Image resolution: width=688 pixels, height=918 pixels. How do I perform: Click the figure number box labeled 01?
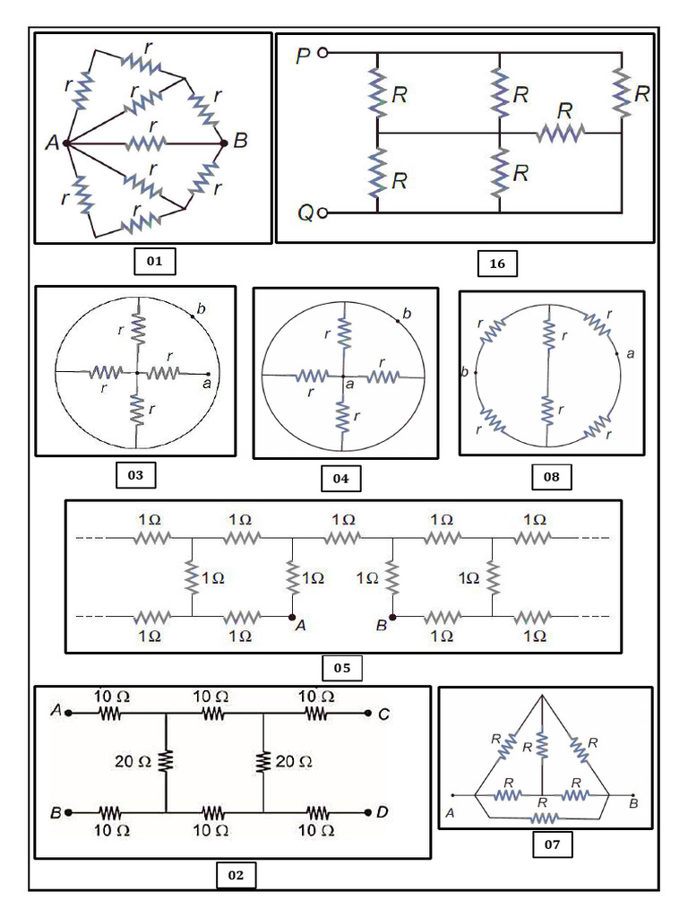[x=154, y=262]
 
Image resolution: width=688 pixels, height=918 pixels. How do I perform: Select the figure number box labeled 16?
[x=497, y=263]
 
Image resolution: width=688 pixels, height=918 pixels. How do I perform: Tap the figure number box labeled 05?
[x=341, y=668]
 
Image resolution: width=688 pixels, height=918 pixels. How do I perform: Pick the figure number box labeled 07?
[x=552, y=844]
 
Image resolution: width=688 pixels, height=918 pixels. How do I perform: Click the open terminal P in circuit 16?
[x=322, y=53]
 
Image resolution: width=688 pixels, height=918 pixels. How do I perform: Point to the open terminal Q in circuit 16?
[x=322, y=212]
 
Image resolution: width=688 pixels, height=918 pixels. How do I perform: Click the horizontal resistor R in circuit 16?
[x=561, y=133]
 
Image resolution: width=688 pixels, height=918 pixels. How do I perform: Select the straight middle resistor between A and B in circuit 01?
[x=145, y=143]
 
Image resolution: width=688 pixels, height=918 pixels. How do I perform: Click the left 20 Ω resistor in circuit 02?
[x=166, y=762]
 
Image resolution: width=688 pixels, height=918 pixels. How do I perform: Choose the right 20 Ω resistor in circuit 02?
[x=263, y=762]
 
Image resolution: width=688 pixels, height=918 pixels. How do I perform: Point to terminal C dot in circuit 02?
[x=368, y=714]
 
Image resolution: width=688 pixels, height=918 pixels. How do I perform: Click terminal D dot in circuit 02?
[x=368, y=811]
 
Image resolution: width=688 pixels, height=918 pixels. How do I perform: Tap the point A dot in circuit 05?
[x=290, y=617]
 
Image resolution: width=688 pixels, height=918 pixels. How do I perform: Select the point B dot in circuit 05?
[x=392, y=617]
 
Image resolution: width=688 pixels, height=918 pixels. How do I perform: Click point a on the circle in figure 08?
[x=617, y=354]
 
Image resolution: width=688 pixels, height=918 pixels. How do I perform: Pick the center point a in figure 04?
[x=343, y=377]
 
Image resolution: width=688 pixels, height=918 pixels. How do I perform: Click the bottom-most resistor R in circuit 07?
[x=544, y=818]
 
